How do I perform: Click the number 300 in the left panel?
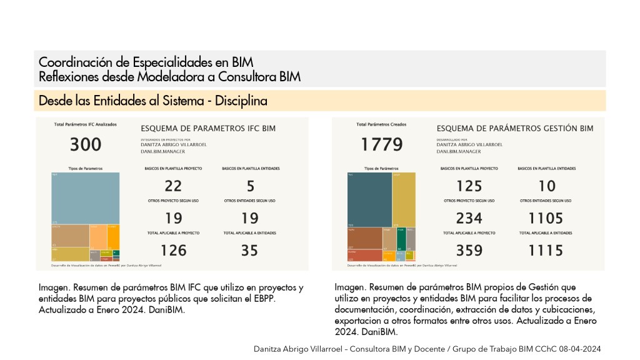(x=86, y=145)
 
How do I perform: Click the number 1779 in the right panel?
(x=382, y=145)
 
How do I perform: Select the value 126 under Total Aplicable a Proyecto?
(x=173, y=251)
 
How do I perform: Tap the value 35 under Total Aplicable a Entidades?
(x=249, y=251)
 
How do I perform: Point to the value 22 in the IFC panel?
(x=173, y=186)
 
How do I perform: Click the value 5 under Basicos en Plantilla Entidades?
(x=250, y=186)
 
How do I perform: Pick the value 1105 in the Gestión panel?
(x=546, y=218)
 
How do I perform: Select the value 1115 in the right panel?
(x=546, y=251)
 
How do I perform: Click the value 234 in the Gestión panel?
(x=469, y=218)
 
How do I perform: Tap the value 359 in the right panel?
(x=469, y=251)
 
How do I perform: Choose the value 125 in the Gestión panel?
(x=469, y=186)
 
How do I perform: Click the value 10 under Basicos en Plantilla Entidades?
(x=546, y=186)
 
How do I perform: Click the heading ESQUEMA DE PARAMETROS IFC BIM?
(x=208, y=129)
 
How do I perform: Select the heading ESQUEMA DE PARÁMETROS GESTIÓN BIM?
(x=514, y=129)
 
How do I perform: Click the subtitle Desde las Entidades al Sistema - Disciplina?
(x=153, y=101)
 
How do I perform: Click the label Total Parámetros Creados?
(x=381, y=124)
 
